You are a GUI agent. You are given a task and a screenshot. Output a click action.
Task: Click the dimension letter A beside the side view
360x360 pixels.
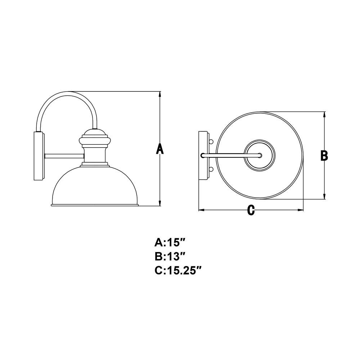point(160,149)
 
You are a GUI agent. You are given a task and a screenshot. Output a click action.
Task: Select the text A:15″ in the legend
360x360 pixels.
point(170,242)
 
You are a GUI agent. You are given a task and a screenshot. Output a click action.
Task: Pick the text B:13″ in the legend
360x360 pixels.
point(170,256)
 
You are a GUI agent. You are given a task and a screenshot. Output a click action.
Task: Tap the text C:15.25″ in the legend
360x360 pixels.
point(178,270)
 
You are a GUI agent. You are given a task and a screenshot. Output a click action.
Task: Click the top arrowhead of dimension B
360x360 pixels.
point(324,115)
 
